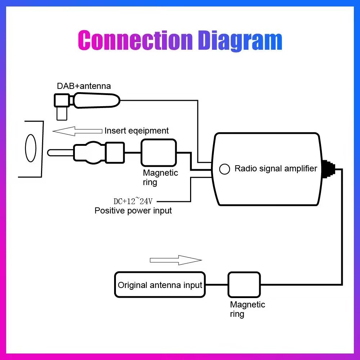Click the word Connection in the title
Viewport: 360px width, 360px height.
[x=135, y=40]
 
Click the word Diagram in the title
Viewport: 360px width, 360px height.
[x=240, y=40]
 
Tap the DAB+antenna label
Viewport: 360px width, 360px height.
[x=84, y=86]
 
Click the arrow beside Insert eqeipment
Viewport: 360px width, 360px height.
[x=77, y=131]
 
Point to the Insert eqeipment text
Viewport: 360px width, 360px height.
[x=136, y=131]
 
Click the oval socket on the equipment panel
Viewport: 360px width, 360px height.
[x=31, y=148]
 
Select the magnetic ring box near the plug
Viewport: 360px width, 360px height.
[x=159, y=153]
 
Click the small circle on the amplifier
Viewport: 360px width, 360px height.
[x=225, y=169]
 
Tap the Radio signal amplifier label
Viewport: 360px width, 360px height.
[x=276, y=168]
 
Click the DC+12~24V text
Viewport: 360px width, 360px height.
[x=133, y=201]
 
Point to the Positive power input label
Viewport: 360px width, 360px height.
[x=133, y=211]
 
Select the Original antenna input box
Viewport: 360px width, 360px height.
[x=160, y=285]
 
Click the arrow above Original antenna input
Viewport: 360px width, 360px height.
[x=176, y=260]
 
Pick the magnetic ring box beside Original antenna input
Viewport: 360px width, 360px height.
[x=244, y=285]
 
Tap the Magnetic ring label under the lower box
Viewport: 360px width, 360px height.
[x=247, y=309]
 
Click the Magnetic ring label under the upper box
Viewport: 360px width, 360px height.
[x=160, y=177]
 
